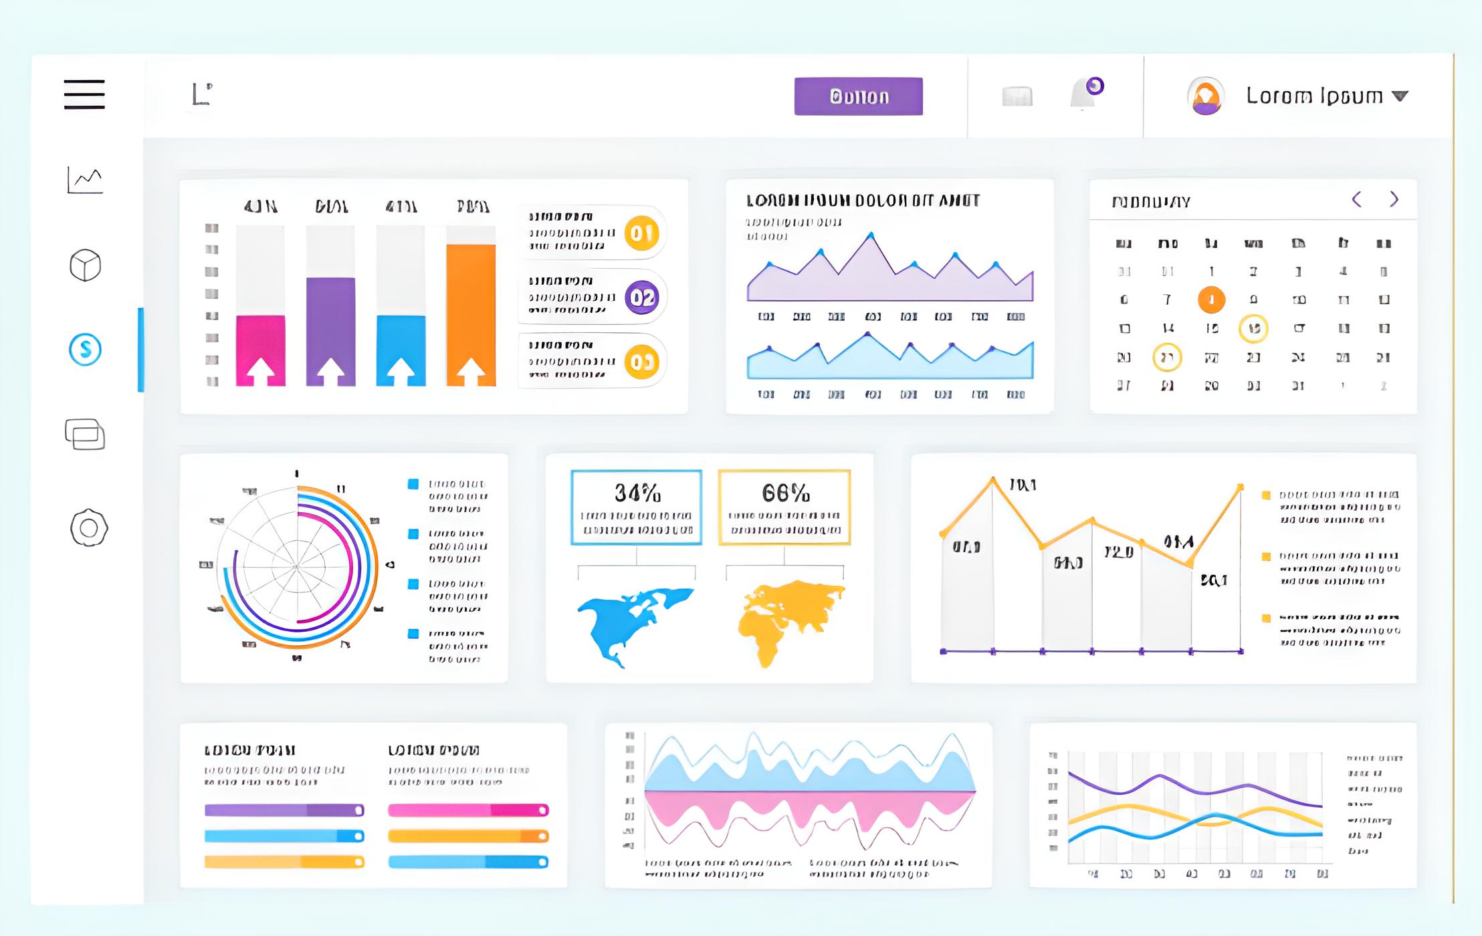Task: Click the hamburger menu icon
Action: (x=84, y=94)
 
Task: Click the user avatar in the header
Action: (x=1205, y=96)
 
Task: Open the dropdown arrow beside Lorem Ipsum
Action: (x=1400, y=96)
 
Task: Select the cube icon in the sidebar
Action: (x=86, y=265)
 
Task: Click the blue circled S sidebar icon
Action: (x=86, y=349)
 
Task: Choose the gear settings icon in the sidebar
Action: (x=88, y=528)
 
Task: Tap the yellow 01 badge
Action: (x=641, y=233)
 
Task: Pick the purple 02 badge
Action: (x=641, y=298)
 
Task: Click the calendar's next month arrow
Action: (x=1394, y=199)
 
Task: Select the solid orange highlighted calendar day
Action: (x=1211, y=300)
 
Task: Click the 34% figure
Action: (x=637, y=493)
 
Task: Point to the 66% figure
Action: (x=785, y=493)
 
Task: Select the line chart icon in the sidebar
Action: (x=85, y=180)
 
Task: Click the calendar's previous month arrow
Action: (x=1357, y=199)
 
